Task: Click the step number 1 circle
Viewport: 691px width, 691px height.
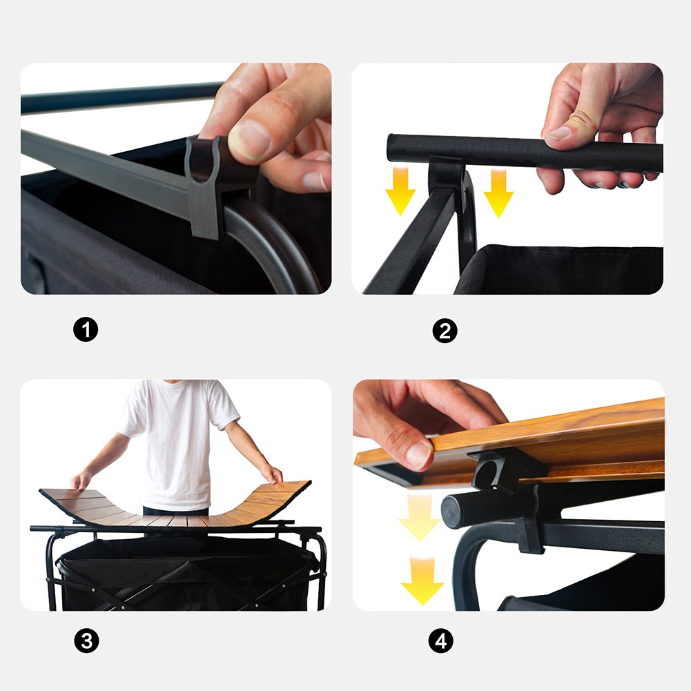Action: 86,330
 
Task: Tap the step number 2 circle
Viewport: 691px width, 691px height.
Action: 445,331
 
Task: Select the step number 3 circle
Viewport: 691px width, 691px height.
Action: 86,641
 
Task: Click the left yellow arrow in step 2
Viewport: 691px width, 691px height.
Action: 400,191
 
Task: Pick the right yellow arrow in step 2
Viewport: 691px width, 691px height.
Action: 498,193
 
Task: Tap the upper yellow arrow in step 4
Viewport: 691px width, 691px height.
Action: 419,516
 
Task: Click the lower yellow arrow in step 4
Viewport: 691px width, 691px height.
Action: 422,581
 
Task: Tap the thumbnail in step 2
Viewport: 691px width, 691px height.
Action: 558,133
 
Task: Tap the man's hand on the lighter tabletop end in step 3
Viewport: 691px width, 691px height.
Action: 271,474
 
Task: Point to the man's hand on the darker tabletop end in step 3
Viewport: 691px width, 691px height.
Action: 81,480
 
